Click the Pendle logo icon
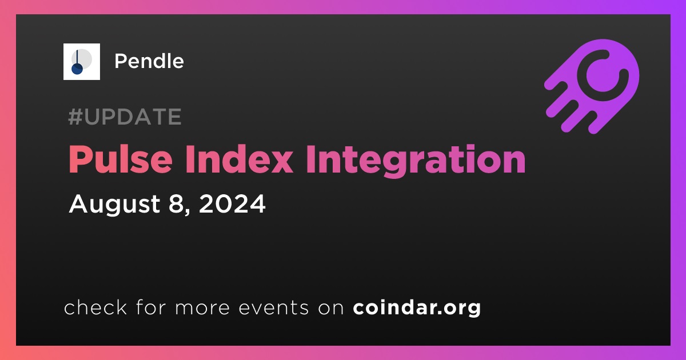(81, 62)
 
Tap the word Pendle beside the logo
(149, 61)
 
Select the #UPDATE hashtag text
(125, 117)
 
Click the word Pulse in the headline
(121, 160)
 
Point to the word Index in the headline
(239, 160)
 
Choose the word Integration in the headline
(416, 161)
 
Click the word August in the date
(114, 204)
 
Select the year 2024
(232, 203)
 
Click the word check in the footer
(95, 307)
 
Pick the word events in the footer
(274, 307)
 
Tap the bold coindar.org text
(417, 308)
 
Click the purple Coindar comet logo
(592, 86)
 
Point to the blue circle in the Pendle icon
(77, 69)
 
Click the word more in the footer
(202, 308)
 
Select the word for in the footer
(151, 307)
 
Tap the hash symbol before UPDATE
(75, 117)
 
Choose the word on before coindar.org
(331, 308)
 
